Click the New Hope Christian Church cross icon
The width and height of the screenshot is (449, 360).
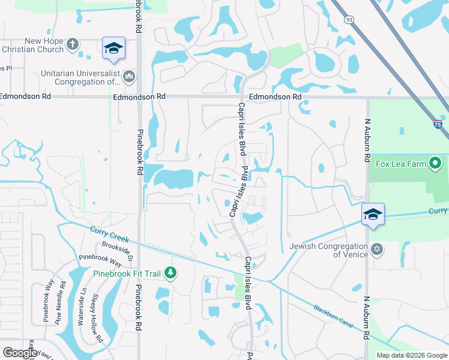[x=73, y=44]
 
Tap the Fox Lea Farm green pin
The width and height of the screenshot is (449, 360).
[x=436, y=163]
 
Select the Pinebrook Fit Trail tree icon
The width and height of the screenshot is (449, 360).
[x=171, y=274]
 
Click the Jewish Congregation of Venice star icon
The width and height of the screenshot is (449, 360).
[x=377, y=249]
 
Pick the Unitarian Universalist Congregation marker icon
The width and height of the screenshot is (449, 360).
[x=129, y=77]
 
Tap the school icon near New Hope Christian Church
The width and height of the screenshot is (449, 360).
[x=113, y=49]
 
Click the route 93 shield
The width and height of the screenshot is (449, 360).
[x=349, y=20]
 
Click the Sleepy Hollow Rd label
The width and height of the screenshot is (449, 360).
[x=95, y=318]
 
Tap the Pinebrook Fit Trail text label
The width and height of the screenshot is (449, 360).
[x=127, y=274]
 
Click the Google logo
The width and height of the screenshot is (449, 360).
[x=19, y=353]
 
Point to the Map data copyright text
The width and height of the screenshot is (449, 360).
[x=412, y=355]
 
